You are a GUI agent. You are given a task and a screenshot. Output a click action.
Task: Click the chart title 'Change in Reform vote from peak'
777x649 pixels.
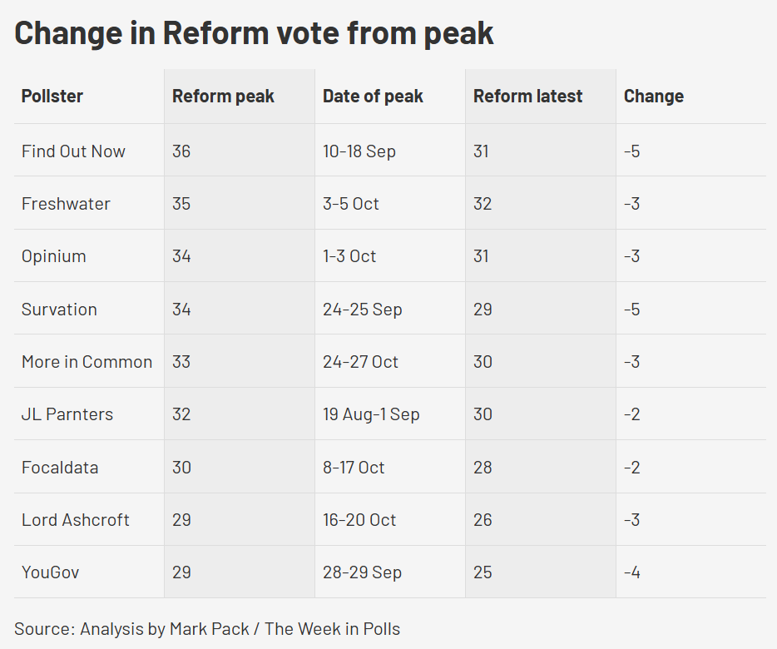click(x=254, y=33)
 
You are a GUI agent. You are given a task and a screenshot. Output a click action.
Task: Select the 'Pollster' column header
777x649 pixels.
click(x=52, y=97)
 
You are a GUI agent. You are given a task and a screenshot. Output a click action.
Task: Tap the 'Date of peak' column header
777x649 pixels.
click(x=373, y=97)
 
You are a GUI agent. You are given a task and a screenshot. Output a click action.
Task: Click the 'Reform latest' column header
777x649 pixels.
click(x=527, y=97)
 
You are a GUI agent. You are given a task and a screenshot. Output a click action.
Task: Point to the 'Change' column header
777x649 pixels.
click(x=653, y=97)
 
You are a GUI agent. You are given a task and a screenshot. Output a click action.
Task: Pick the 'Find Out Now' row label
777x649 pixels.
click(x=73, y=151)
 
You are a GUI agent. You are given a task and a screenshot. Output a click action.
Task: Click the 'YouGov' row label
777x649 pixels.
click(x=50, y=572)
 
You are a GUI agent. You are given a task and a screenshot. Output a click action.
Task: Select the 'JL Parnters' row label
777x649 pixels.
click(x=67, y=414)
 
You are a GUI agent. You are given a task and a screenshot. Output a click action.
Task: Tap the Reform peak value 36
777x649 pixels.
click(x=181, y=151)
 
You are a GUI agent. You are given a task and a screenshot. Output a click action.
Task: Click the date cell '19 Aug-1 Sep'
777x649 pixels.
click(x=371, y=414)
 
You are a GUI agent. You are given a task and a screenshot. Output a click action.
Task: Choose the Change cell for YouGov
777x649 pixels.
click(x=631, y=572)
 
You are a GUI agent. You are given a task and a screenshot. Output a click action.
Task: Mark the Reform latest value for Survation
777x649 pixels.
click(x=483, y=310)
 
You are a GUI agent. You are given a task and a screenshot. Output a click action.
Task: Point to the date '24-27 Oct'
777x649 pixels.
click(x=360, y=362)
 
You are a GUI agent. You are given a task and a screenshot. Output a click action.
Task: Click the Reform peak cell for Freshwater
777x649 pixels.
click(x=181, y=204)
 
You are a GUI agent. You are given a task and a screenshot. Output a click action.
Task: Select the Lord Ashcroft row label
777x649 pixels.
click(x=76, y=520)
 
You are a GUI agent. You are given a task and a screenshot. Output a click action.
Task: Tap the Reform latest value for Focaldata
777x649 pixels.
click(x=483, y=468)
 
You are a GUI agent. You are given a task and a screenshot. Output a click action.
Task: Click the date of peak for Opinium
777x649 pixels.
click(x=349, y=256)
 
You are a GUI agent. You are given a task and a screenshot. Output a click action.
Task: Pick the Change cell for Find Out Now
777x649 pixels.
click(x=631, y=151)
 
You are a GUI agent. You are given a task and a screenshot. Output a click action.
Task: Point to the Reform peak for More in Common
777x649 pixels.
click(x=181, y=362)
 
